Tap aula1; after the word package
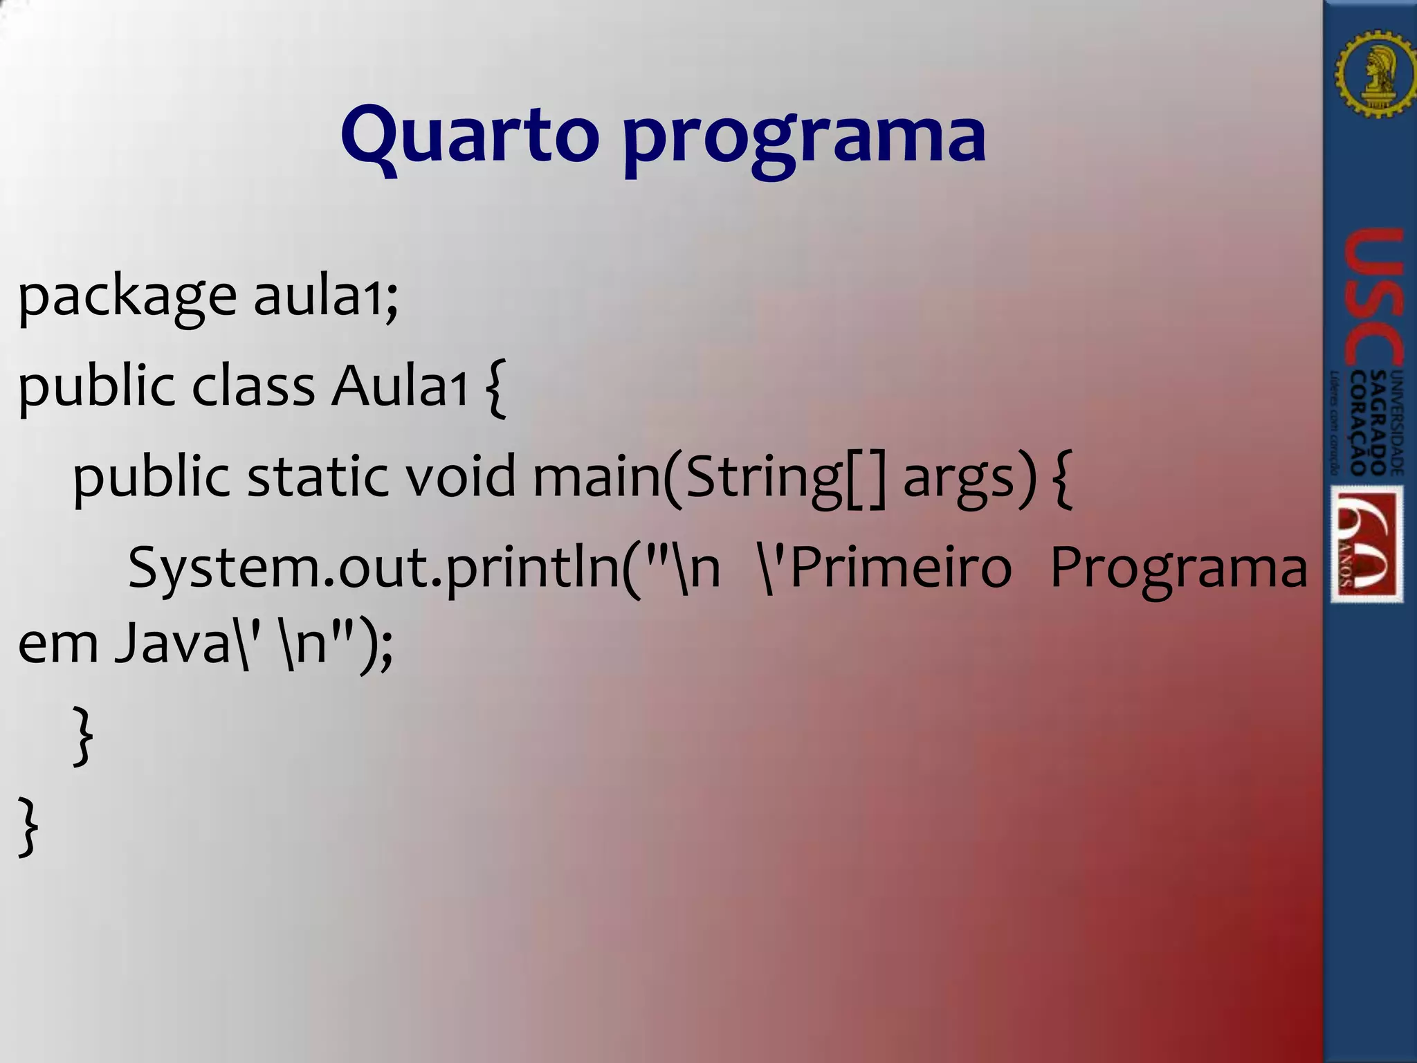coord(325,296)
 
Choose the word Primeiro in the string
coord(899,568)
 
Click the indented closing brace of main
coord(82,735)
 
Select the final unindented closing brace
coord(28,826)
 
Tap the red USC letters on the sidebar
coord(1374,298)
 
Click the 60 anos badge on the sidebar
coord(1367,544)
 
